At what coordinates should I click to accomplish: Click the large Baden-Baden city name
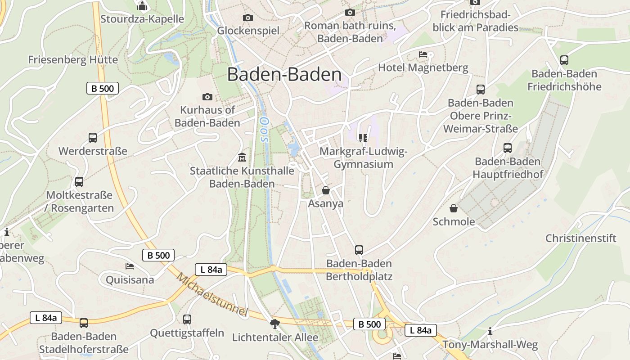(284, 75)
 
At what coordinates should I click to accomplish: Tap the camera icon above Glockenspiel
(247, 18)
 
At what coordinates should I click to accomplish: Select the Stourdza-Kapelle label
(142, 19)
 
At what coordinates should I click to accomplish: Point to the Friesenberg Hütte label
(73, 60)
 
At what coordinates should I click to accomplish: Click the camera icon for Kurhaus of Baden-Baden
(207, 97)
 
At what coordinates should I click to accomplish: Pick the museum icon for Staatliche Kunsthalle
(242, 157)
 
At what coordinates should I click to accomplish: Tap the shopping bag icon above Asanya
(326, 190)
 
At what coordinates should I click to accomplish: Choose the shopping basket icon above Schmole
(454, 208)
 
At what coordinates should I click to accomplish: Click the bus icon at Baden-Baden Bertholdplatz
(359, 250)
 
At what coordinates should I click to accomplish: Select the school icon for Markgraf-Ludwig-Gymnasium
(363, 138)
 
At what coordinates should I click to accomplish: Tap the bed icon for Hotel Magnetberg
(423, 54)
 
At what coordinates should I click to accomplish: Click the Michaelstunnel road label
(212, 294)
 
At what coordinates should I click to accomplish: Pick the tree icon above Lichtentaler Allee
(274, 324)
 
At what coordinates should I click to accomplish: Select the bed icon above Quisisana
(130, 266)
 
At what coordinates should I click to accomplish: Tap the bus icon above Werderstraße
(92, 138)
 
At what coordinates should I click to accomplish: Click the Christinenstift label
(580, 238)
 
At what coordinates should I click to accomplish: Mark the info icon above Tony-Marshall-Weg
(490, 332)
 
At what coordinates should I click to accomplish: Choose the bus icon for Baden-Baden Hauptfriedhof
(508, 148)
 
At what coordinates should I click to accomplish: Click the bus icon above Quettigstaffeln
(187, 319)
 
